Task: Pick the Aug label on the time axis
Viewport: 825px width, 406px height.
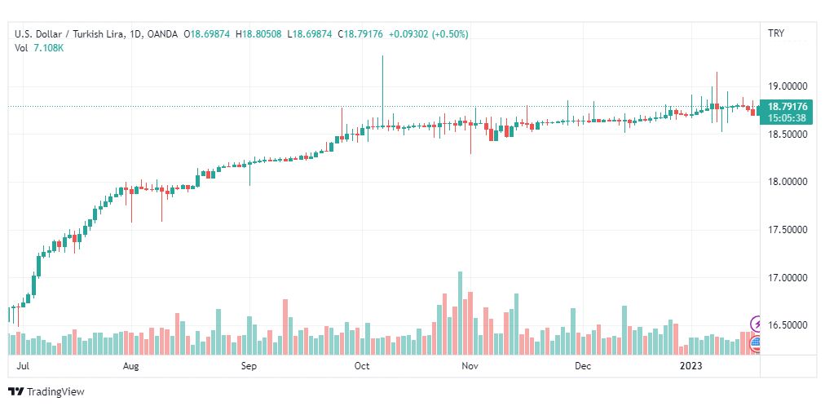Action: coord(131,367)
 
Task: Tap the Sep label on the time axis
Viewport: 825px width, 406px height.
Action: coord(249,367)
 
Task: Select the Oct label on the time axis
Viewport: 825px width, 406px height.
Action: coord(363,367)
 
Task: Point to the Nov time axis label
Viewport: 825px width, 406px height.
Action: coord(470,367)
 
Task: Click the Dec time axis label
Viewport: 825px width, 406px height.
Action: coord(582,367)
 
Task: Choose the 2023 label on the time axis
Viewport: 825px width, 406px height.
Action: coord(691,367)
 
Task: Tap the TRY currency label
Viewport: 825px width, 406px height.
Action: coord(776,33)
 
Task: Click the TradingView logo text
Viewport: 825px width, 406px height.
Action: coord(55,392)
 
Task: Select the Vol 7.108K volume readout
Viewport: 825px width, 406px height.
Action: coord(39,47)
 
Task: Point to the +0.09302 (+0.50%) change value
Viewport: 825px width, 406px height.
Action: coord(428,33)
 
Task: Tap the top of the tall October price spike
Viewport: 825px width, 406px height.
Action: coord(382,56)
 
